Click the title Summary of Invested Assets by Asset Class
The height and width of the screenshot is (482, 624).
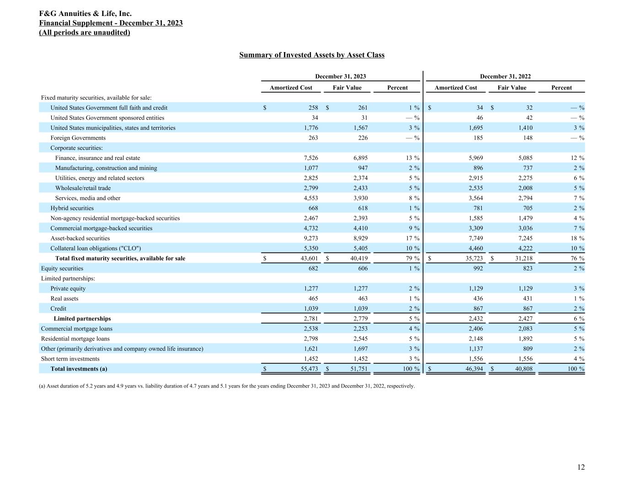point(312,55)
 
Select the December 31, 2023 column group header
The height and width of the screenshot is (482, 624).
point(341,77)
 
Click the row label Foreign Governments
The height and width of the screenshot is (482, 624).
point(78,138)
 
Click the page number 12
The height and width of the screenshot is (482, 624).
point(581,467)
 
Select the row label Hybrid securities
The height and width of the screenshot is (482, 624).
point(72,208)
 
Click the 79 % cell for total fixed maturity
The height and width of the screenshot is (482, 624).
point(410,259)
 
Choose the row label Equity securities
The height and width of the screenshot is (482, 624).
point(62,269)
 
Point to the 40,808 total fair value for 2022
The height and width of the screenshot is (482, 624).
point(523,369)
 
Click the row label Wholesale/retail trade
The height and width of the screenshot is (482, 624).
point(83,188)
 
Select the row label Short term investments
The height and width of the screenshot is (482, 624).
point(70,359)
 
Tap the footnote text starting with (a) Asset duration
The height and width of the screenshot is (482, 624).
point(227,386)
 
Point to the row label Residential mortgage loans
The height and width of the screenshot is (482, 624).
point(75,339)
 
